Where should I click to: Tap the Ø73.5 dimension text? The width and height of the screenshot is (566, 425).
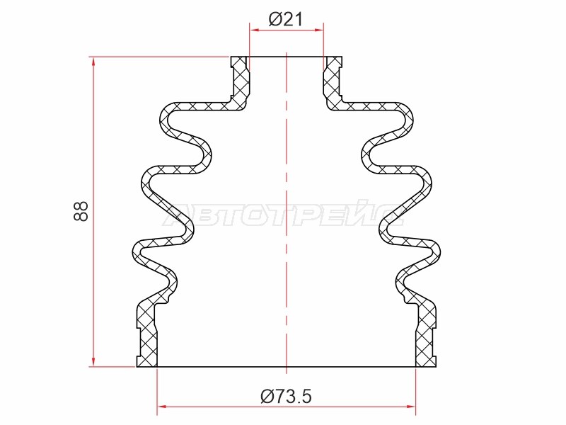tap(286, 397)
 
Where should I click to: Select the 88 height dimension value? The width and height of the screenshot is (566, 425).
tap(81, 211)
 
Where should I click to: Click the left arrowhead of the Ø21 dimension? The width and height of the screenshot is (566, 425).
tap(255, 30)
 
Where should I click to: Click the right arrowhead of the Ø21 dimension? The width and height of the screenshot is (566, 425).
tap(319, 30)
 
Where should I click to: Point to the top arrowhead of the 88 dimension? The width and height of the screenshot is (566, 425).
tap(93, 62)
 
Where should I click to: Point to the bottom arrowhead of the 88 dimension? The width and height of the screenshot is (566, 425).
tap(93, 361)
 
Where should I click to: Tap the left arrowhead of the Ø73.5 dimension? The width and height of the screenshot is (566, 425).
tap(163, 407)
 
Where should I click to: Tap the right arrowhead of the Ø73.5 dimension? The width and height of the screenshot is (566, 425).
tap(411, 407)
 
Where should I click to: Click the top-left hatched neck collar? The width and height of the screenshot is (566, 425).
tap(240, 81)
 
